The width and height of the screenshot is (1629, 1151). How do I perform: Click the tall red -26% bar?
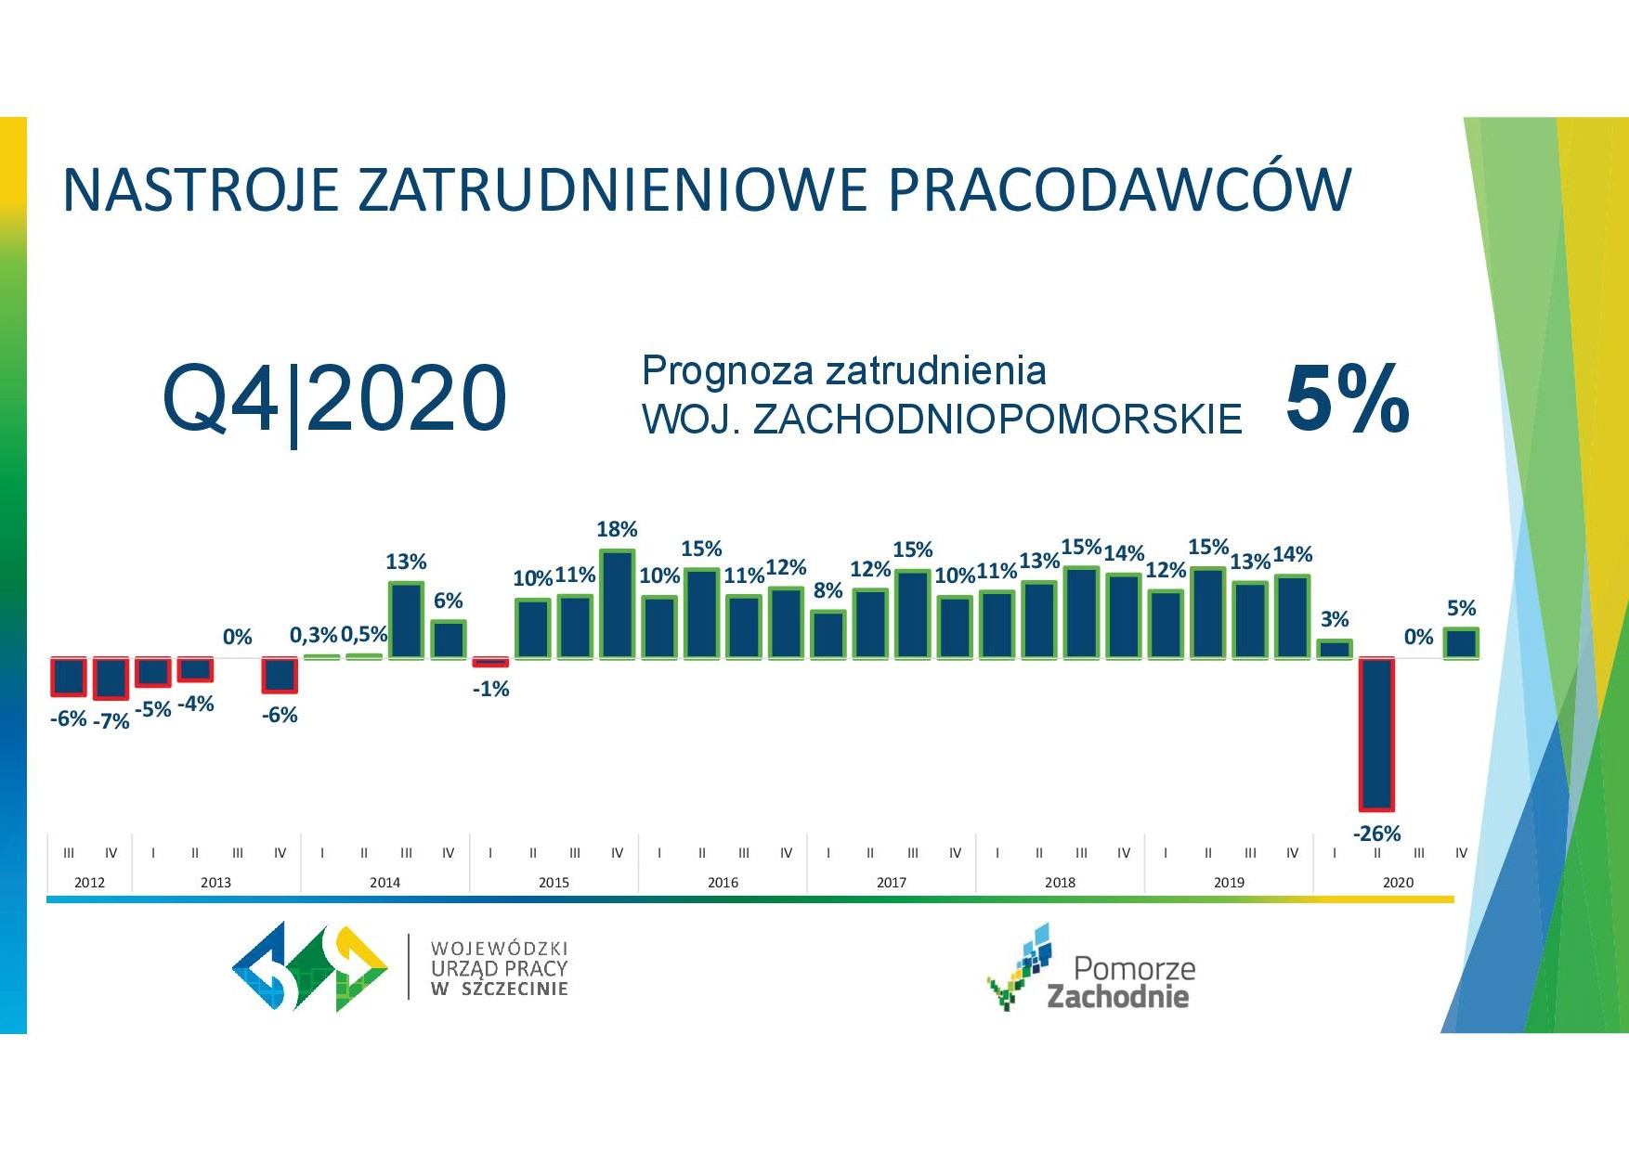point(1376,734)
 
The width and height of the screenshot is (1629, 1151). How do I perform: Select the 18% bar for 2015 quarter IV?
point(618,604)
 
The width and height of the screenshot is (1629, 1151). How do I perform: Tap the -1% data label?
point(490,689)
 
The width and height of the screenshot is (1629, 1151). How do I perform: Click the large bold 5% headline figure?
point(1348,399)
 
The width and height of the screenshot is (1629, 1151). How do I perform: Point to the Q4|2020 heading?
point(335,400)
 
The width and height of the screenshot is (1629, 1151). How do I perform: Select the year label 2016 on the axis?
point(723,882)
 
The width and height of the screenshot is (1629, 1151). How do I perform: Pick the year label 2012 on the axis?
point(89,882)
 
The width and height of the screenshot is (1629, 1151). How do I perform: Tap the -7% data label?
point(111,721)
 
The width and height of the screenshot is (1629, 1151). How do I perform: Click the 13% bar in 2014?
point(406,620)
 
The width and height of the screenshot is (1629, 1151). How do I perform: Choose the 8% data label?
point(828,590)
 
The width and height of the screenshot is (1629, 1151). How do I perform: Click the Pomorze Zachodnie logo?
point(1090,968)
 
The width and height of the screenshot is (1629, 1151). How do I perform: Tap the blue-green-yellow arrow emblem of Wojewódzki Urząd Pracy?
point(310,966)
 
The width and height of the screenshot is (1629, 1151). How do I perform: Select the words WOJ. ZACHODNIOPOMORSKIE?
point(942,420)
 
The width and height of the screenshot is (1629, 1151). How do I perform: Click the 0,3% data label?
point(314,635)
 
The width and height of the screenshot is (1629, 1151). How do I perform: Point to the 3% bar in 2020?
point(1335,649)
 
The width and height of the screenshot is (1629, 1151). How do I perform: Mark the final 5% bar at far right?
point(1461,643)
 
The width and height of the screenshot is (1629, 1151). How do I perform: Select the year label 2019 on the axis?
point(1229,882)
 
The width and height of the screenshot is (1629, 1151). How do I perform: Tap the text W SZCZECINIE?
point(500,989)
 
